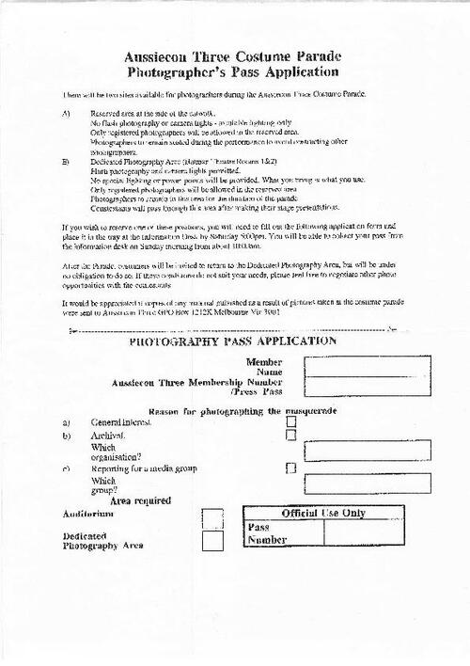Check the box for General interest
pos(291,422)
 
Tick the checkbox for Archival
pos(291,436)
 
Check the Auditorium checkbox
pos(213,517)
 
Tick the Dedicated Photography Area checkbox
pos(213,541)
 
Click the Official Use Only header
pos(323,513)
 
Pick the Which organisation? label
pos(111,452)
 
